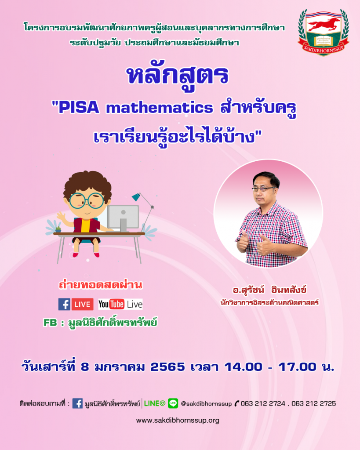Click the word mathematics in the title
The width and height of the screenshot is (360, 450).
[x=160, y=108]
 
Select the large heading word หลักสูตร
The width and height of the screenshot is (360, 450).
[x=178, y=76]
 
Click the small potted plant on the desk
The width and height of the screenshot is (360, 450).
[x=58, y=229]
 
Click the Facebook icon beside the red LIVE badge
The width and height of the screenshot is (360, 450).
[x=64, y=304]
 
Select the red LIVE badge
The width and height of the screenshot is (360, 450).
[x=82, y=305]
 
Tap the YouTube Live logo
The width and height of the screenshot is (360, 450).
[x=120, y=304]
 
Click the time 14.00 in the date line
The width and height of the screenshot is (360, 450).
[x=243, y=367]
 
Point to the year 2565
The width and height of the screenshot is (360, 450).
[x=167, y=367]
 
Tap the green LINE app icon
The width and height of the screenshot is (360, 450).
[x=173, y=403]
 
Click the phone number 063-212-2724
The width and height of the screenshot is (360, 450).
[x=263, y=403]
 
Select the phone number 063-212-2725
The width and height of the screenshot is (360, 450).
[x=313, y=403]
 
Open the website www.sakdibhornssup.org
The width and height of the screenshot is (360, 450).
[x=178, y=421]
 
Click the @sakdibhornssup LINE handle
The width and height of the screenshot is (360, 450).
[x=206, y=404]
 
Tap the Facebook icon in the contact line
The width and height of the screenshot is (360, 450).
[x=77, y=403]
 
